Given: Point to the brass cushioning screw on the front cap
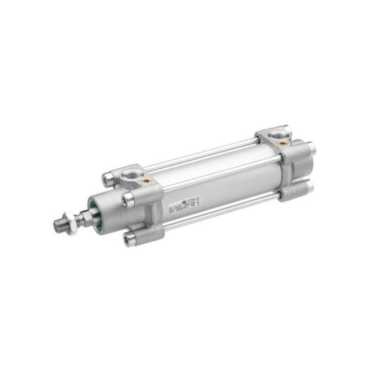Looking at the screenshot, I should tap(146, 180).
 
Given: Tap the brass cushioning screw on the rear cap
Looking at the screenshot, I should tap(282, 144).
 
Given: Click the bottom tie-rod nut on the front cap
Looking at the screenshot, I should tap(129, 238).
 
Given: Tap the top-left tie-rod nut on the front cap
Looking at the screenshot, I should tap(107, 178).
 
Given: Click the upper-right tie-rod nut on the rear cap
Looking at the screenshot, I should tap(311, 149).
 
